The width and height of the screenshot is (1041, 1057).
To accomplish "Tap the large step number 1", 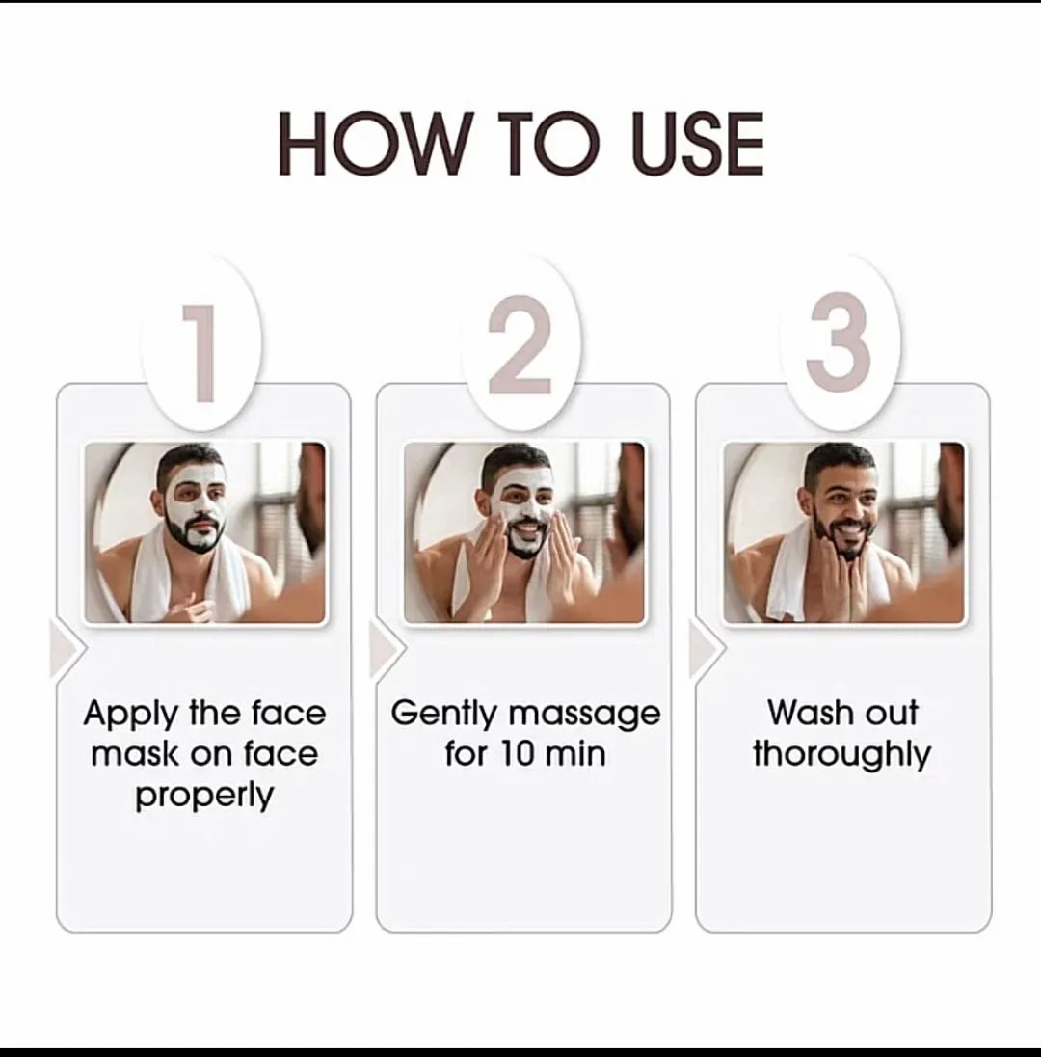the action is click(x=200, y=353).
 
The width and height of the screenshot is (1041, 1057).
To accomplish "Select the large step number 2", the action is click(x=520, y=346).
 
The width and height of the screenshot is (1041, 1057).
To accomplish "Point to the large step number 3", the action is click(x=840, y=341).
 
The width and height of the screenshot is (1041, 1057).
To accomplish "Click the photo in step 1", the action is click(x=205, y=532).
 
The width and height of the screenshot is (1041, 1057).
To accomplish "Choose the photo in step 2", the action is click(x=524, y=532).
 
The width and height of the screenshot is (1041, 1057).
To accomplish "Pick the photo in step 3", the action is click(x=843, y=532).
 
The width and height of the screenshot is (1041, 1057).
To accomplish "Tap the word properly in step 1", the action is click(x=204, y=796).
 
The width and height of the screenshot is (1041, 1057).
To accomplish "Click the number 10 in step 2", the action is click(x=516, y=753).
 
